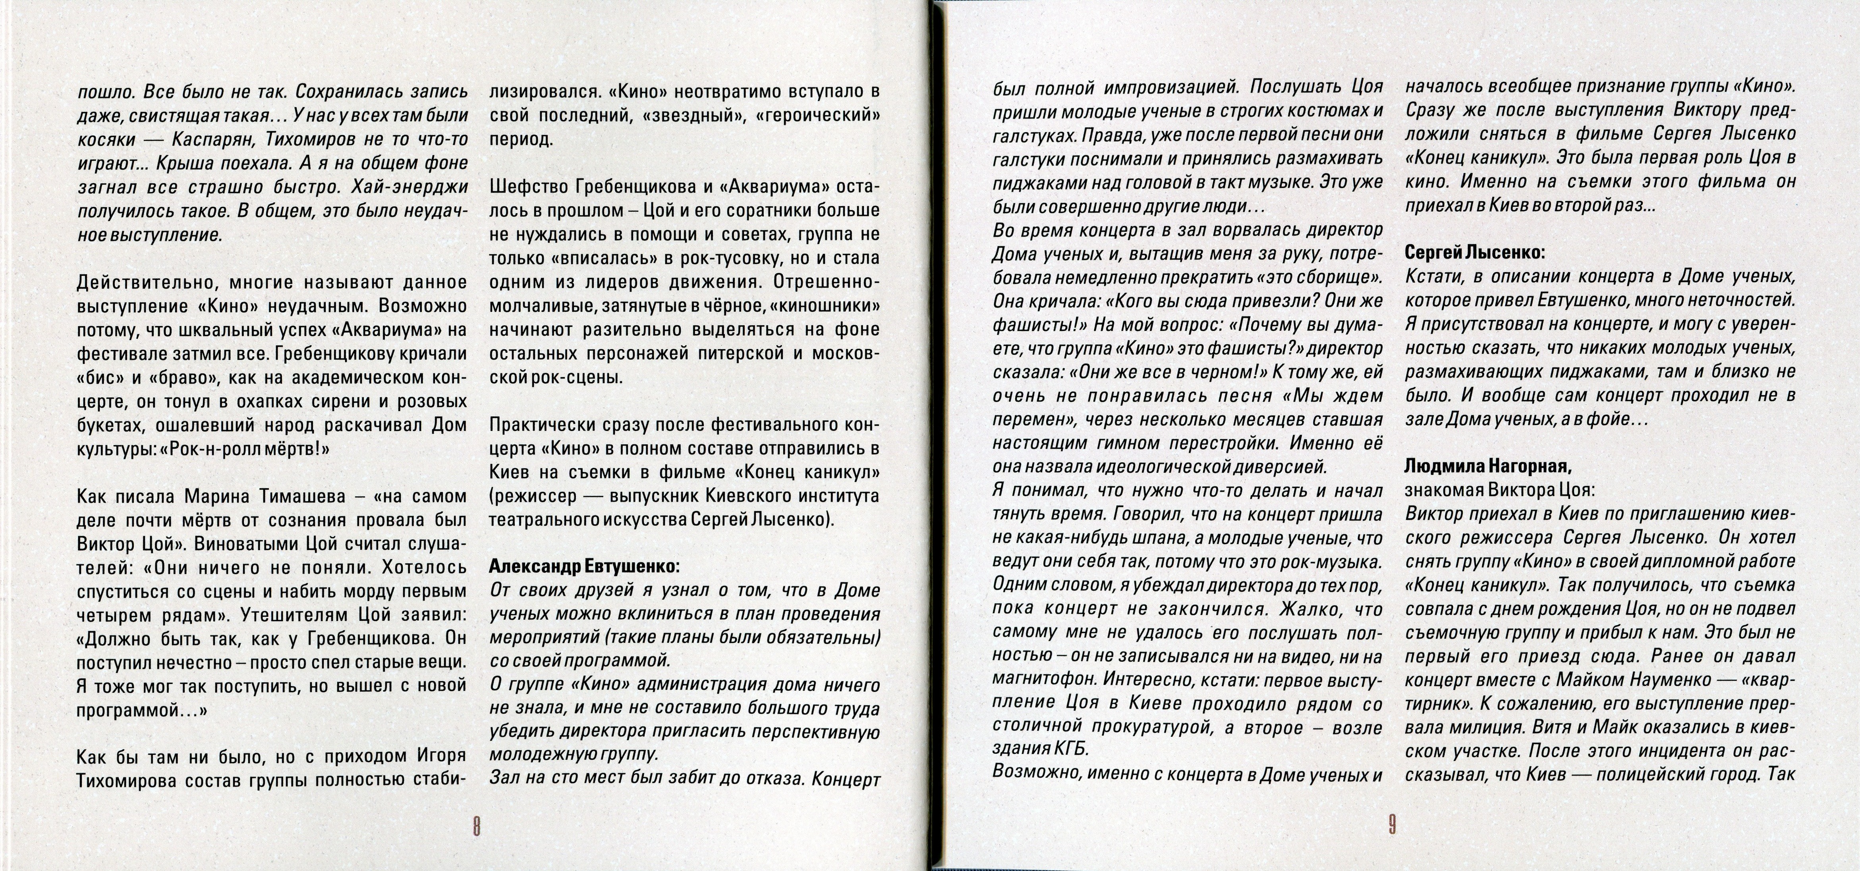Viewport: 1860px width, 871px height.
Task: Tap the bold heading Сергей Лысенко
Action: pyautogui.click(x=1474, y=252)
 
